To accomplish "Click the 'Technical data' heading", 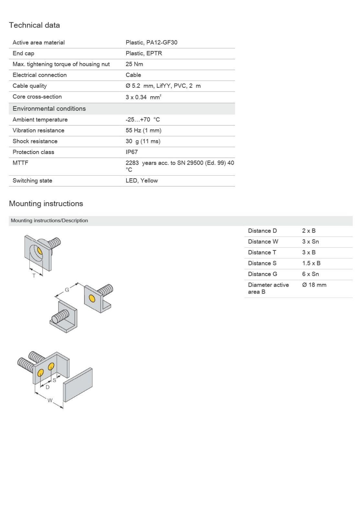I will [x=34, y=25].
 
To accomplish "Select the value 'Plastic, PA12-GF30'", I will [x=151, y=42].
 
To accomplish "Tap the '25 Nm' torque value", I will [x=134, y=64].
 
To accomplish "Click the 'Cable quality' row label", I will [x=29, y=86].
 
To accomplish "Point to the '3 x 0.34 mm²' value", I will [x=143, y=97].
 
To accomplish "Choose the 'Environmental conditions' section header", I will [x=49, y=109].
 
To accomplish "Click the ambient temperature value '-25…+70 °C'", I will [x=143, y=120].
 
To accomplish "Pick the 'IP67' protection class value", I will [x=132, y=152].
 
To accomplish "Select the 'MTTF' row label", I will [x=20, y=163].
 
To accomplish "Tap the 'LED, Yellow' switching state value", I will [x=142, y=181].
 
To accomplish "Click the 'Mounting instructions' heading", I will [x=46, y=204].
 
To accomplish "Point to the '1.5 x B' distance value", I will [x=311, y=263].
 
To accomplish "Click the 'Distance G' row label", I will [x=262, y=274].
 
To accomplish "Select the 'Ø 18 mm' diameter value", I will [x=314, y=285].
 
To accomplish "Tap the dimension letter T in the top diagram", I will [x=34, y=276].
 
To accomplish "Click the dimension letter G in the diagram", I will [x=67, y=290].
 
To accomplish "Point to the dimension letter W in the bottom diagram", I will [x=50, y=400].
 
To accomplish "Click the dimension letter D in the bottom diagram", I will [x=48, y=387].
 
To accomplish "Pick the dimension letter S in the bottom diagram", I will [x=54, y=380].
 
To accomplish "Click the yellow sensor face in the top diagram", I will [x=39, y=251].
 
